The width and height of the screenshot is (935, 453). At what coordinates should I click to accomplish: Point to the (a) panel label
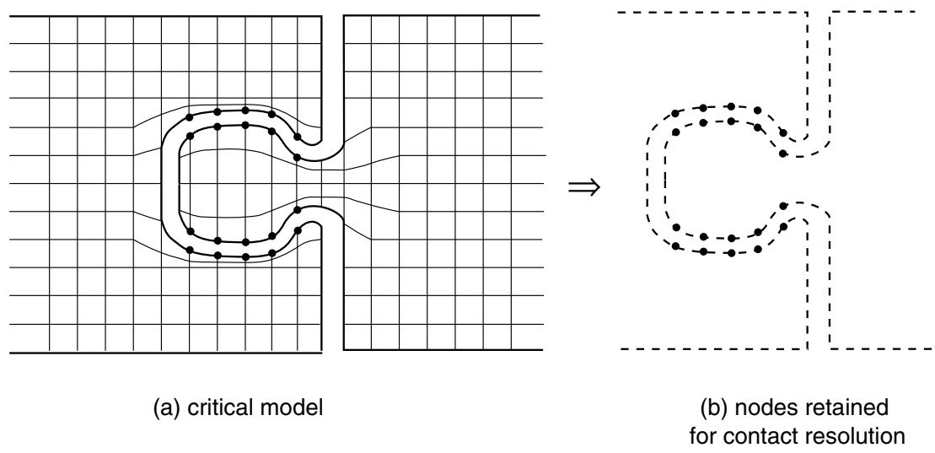(x=166, y=409)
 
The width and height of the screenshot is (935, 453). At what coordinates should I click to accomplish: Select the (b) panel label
(x=714, y=409)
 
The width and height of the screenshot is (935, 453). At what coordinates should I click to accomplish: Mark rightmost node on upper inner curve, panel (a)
(x=297, y=158)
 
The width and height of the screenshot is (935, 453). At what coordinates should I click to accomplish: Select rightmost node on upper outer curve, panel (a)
(x=297, y=137)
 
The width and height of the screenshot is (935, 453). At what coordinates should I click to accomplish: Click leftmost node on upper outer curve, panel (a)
(x=190, y=117)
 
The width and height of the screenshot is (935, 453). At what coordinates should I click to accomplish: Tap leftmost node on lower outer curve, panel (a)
(x=190, y=250)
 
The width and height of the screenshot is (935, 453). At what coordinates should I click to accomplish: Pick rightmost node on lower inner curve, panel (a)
(x=297, y=209)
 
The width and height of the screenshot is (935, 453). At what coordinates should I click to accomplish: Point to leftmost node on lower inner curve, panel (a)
(x=190, y=231)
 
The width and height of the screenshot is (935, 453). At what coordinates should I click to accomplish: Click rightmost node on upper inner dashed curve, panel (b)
(x=783, y=154)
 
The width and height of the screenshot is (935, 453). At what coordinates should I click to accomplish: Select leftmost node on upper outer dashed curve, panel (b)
(x=675, y=113)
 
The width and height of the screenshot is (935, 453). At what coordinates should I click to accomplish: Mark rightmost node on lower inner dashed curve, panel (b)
(x=783, y=206)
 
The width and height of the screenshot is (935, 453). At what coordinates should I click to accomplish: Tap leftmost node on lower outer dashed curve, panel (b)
(x=675, y=245)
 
